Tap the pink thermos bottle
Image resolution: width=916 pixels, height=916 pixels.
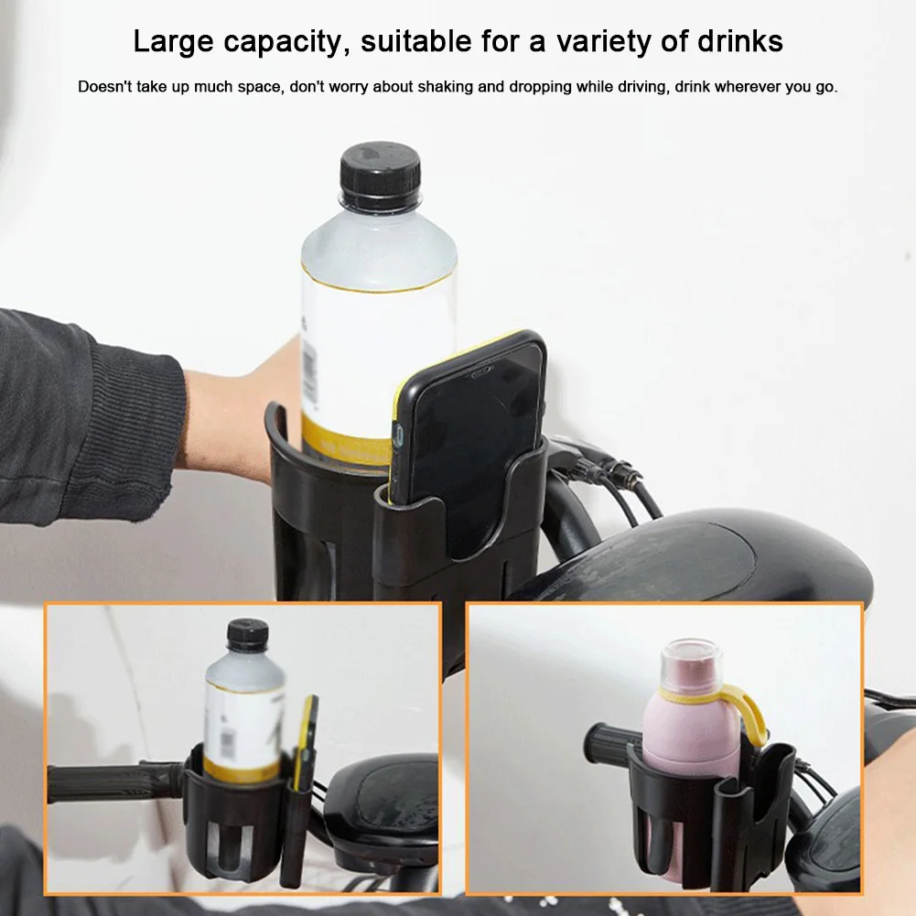coord(687,732)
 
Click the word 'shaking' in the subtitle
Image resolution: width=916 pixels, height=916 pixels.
coord(447,88)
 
